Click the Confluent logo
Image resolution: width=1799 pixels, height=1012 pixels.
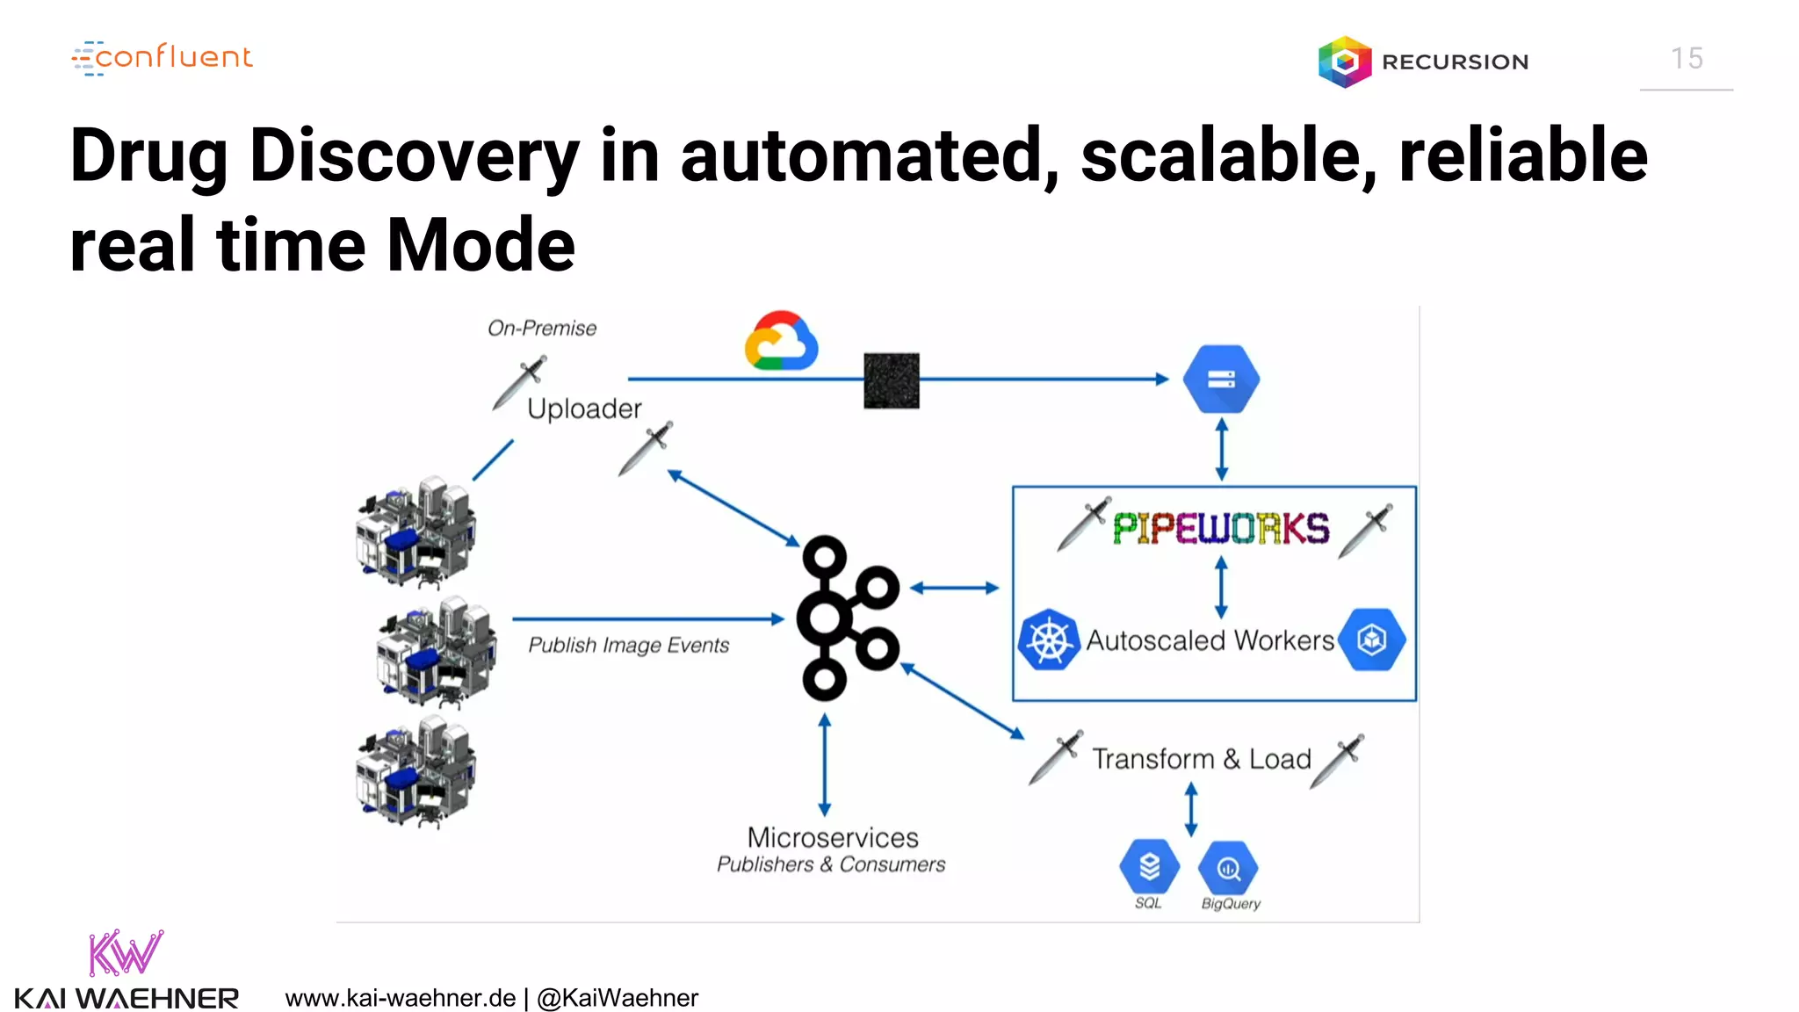pyautogui.click(x=163, y=58)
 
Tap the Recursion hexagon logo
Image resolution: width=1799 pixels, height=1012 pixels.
pyautogui.click(x=1344, y=61)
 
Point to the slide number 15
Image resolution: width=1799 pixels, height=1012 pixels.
pyautogui.click(x=1687, y=59)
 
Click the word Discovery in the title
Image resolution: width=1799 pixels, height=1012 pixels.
pyautogui.click(x=414, y=156)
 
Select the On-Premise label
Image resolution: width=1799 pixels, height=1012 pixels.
pyautogui.click(x=542, y=329)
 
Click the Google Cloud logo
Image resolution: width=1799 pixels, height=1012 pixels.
pyautogui.click(x=781, y=342)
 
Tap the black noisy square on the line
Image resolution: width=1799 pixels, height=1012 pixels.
pyautogui.click(x=891, y=380)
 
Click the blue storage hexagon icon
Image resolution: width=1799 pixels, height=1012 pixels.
pyautogui.click(x=1221, y=379)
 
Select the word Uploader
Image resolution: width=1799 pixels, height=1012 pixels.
pyautogui.click(x=584, y=408)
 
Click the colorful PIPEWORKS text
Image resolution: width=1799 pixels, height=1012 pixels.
pyautogui.click(x=1221, y=529)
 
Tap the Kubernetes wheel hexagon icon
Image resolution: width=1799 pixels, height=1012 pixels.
pyautogui.click(x=1049, y=640)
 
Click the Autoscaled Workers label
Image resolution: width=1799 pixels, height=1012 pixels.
pyautogui.click(x=1210, y=640)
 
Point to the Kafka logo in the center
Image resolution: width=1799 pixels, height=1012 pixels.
pyautogui.click(x=847, y=618)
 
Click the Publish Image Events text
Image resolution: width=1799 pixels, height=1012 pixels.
pyautogui.click(x=628, y=646)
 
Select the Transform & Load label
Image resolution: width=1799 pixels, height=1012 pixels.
pyautogui.click(x=1201, y=759)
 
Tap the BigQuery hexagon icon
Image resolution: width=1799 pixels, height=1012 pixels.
pyautogui.click(x=1228, y=869)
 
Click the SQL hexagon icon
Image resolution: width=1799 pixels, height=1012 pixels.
pyautogui.click(x=1149, y=867)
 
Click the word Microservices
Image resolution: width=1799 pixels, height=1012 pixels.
pyautogui.click(x=832, y=837)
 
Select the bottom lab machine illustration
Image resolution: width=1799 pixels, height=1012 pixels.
pyautogui.click(x=416, y=772)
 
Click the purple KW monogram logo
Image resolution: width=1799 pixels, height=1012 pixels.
pyautogui.click(x=125, y=953)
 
